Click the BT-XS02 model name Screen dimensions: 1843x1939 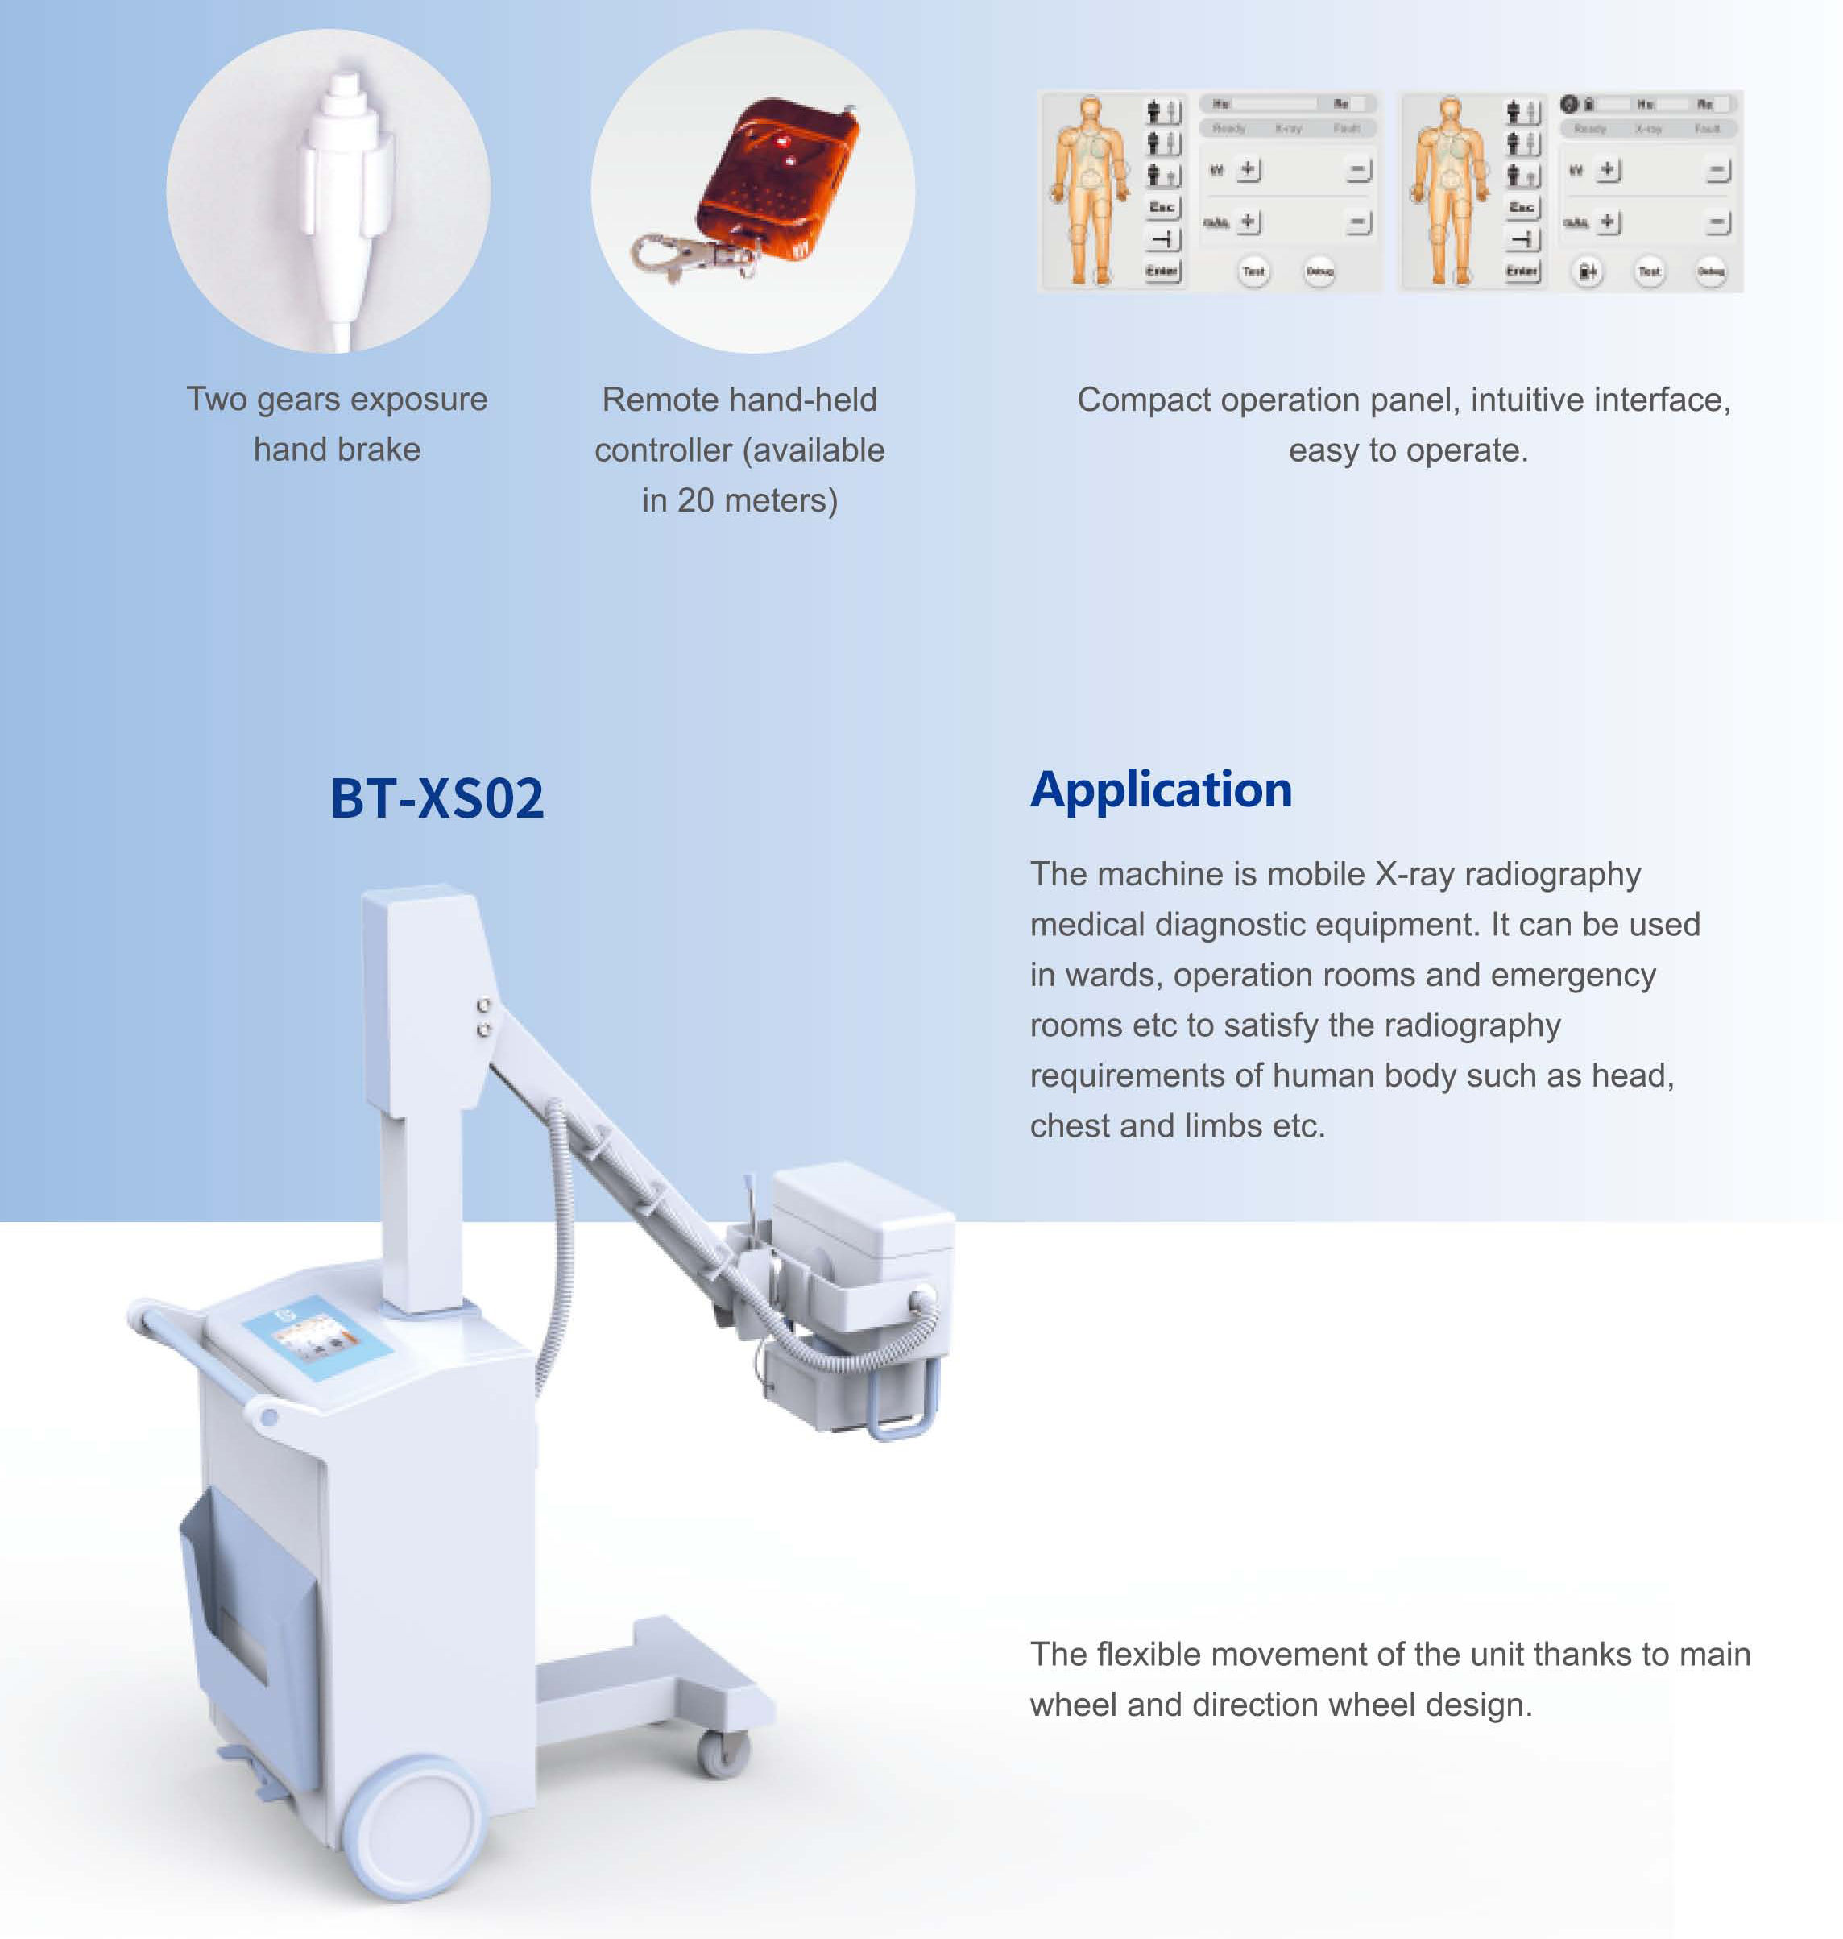tap(437, 798)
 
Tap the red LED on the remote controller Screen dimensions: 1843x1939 tap(783, 143)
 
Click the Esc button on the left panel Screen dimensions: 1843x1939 tap(1162, 207)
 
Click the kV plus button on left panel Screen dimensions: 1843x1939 tap(1248, 170)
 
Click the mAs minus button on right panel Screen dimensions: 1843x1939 tap(1718, 223)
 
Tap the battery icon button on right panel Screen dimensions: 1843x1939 tap(1587, 271)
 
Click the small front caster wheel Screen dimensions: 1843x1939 tap(724, 1755)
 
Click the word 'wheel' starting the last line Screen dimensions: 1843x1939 tap(1074, 1705)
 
